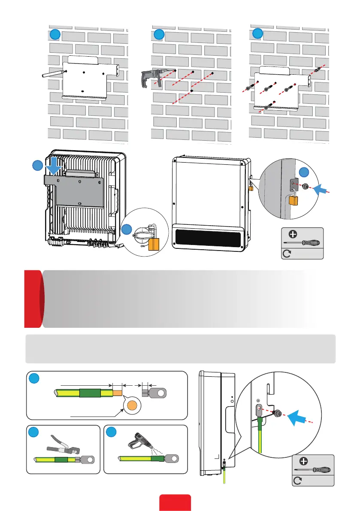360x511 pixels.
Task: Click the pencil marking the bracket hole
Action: click(53, 73)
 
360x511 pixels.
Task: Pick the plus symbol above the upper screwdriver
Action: click(293, 234)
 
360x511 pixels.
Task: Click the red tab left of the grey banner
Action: click(33, 298)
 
